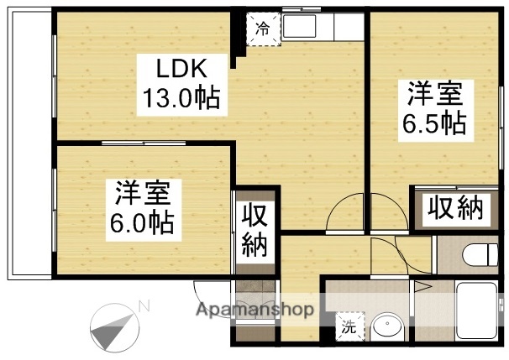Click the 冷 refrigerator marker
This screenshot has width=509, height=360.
tap(262, 29)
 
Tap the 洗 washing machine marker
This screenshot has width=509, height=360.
tap(347, 328)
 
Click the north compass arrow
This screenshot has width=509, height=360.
tap(113, 326)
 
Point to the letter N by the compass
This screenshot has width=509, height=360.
tap(144, 305)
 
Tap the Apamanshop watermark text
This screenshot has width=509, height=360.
tap(255, 310)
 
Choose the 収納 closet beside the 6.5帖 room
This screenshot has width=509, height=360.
tap(455, 206)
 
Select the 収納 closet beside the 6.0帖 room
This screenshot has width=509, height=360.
tap(254, 230)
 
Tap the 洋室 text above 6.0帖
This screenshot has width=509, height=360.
tap(144, 192)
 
